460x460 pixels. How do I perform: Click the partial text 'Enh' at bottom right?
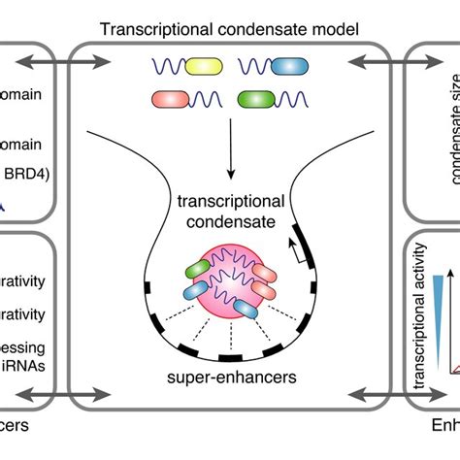pos(444,426)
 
